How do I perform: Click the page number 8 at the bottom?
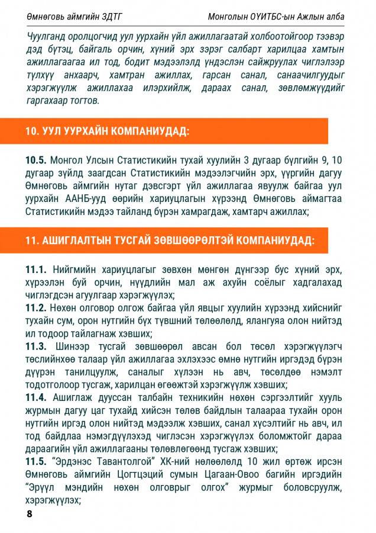point(30,513)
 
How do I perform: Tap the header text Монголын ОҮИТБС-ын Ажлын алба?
point(276,16)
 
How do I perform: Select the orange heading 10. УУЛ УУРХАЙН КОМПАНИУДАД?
point(107,131)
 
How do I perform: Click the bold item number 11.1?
point(35,269)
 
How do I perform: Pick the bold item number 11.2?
point(35,308)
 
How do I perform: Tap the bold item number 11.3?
point(35,346)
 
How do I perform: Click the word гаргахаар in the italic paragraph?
point(49,101)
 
